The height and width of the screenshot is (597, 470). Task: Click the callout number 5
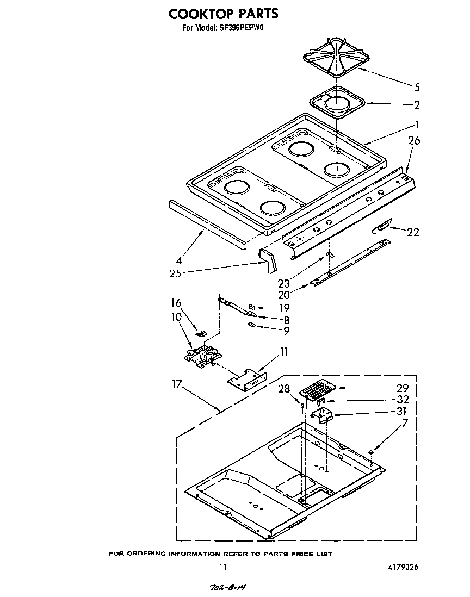(x=417, y=87)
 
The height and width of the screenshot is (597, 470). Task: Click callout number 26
(x=414, y=141)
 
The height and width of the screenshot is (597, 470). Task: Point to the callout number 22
(x=413, y=232)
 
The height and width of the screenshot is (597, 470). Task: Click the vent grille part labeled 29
(x=317, y=390)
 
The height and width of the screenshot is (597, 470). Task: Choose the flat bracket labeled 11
(x=248, y=378)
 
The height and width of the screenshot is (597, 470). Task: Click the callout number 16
(x=176, y=303)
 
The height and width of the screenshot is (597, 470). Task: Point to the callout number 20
(x=283, y=296)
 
